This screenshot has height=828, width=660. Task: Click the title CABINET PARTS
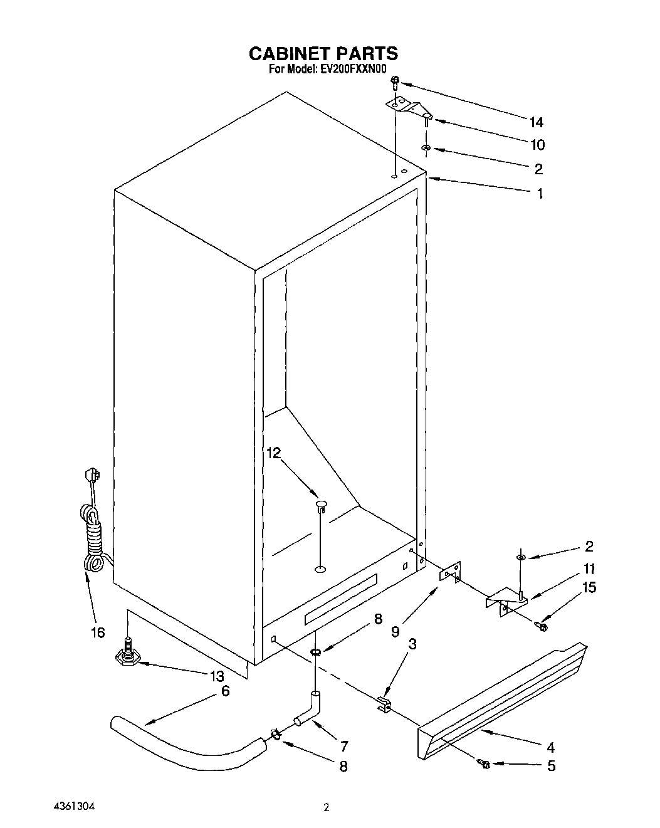click(323, 53)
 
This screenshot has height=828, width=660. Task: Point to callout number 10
click(537, 145)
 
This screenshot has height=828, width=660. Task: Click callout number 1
click(539, 194)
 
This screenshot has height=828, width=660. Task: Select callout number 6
click(225, 691)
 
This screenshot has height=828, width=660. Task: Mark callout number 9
click(395, 632)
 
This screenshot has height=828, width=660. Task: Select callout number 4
click(550, 747)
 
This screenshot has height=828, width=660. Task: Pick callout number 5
click(551, 766)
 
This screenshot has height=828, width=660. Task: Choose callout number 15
click(589, 587)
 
